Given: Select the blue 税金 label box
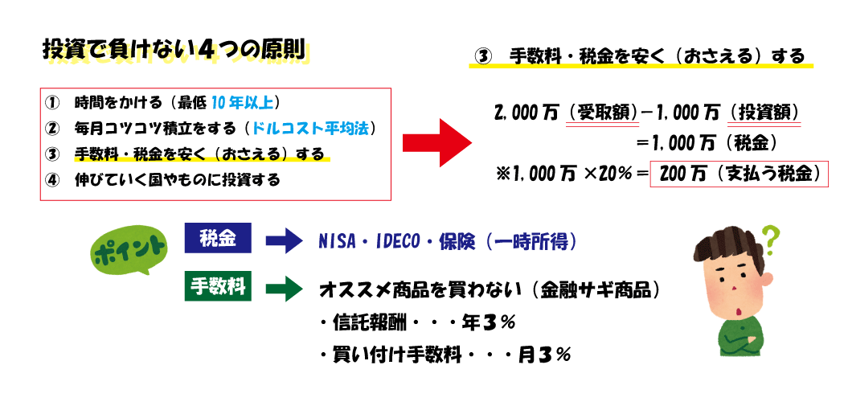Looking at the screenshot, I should coord(218,238).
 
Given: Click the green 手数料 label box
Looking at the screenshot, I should coord(218,286).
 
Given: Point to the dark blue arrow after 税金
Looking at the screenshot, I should coord(282,240).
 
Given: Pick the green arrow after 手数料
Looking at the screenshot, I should coord(282,288).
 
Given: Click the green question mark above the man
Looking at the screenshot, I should coord(771,236).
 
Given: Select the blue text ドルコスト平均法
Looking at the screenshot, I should coord(309,128).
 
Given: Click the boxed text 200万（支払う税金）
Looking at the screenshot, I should coord(739,174).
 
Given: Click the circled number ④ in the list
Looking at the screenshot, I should coord(53,179).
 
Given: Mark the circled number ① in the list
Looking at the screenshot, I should coord(53,103).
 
